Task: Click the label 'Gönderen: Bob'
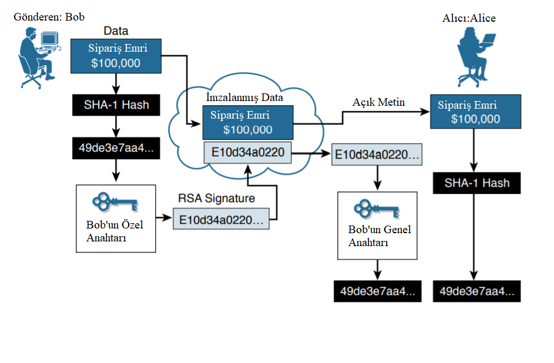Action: coord(49,17)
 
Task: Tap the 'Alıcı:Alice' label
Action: coord(469,18)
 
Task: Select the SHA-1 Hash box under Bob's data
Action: coord(116,105)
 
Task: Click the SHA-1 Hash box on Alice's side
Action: coord(476,183)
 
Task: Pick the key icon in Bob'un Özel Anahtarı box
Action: coord(115,201)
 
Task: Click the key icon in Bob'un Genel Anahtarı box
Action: coord(377,209)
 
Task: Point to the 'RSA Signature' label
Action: coord(216,198)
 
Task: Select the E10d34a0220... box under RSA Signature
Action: coord(221,219)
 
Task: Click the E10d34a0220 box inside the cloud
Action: coord(247,153)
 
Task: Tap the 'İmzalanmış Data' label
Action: coord(244,97)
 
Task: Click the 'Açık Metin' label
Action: coord(378,102)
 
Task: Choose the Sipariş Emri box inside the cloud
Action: coord(248,122)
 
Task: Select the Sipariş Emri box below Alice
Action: coord(475,112)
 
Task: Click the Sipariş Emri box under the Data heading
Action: coord(116,56)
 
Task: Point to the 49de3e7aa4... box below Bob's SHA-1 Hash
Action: coord(116,148)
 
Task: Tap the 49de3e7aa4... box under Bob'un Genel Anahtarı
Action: coord(377,291)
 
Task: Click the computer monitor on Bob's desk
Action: coord(49,39)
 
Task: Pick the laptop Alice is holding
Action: coord(487,39)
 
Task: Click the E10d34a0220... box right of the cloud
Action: coord(377,154)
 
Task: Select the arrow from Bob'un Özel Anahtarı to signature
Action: coord(164,217)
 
